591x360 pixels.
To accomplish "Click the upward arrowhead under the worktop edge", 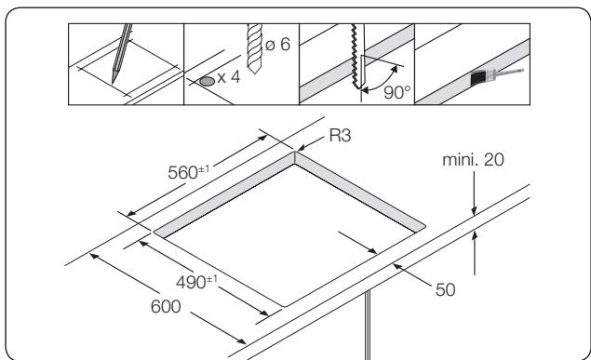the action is click(x=475, y=236).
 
